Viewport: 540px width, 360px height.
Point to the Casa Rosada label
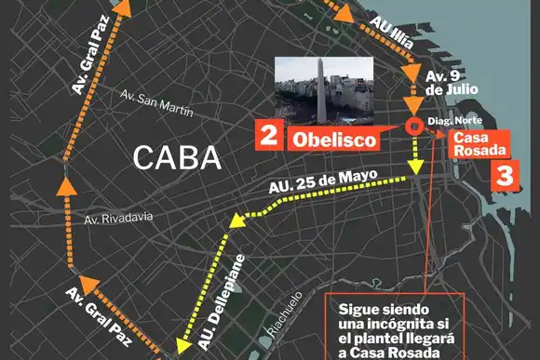click(480, 143)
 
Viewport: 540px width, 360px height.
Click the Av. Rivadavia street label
click(117, 219)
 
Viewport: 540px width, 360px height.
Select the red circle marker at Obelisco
click(412, 128)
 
